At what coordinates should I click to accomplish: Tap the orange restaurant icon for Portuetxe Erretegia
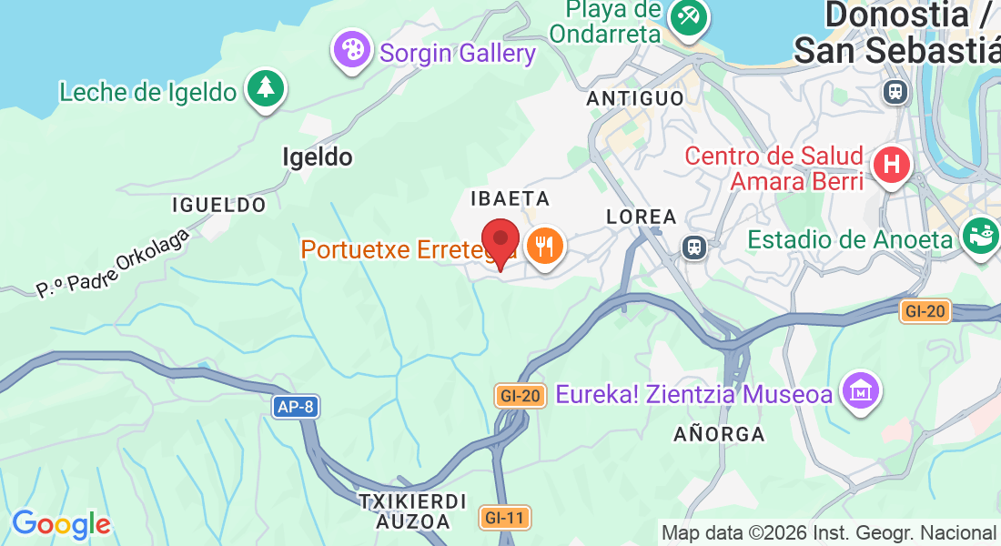tap(545, 245)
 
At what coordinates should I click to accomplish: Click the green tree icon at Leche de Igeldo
tap(266, 87)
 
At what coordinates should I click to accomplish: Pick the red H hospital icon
tap(891, 165)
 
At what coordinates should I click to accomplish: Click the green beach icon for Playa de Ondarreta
tap(687, 15)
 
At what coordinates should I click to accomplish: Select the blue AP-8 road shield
tap(295, 407)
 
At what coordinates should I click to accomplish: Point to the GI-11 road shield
tap(504, 518)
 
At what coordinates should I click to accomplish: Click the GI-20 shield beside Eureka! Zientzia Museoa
tap(521, 396)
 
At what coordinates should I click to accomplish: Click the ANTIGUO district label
tap(635, 97)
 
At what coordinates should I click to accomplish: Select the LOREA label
tap(642, 217)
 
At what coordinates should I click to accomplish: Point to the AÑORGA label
tap(719, 434)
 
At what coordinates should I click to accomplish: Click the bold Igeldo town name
tap(317, 157)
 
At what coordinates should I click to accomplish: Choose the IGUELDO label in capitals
tap(219, 205)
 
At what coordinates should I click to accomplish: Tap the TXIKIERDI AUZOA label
tap(412, 511)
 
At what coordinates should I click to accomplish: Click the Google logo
tap(61, 524)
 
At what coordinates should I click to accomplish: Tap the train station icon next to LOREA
tap(695, 248)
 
